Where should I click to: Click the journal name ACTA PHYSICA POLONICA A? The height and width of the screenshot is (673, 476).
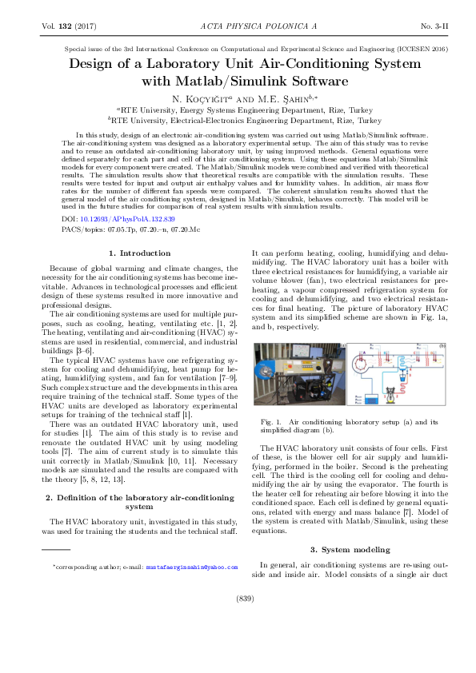[238, 26]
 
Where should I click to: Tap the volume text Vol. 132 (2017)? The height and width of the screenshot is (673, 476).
[68, 26]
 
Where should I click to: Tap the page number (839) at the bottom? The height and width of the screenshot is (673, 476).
[238, 619]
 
